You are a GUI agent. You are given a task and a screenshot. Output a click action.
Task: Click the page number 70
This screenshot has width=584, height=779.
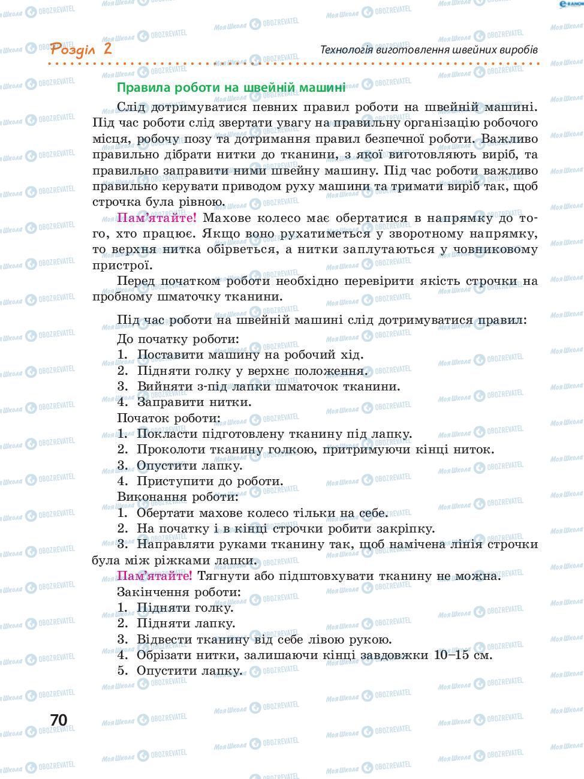(x=59, y=720)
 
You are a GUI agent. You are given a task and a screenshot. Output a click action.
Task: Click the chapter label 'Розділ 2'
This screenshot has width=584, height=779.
(x=81, y=49)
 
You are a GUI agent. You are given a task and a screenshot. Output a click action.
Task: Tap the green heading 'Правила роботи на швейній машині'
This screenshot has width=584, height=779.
(x=231, y=88)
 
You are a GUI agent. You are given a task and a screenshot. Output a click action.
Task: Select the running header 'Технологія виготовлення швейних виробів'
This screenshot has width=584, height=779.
(x=429, y=49)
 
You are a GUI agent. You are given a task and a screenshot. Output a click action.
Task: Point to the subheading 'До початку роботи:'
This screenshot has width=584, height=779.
(x=178, y=339)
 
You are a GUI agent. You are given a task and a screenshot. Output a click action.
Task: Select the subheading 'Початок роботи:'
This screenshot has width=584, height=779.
(x=168, y=418)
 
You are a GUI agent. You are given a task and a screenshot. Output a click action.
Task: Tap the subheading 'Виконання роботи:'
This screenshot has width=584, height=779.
(x=177, y=497)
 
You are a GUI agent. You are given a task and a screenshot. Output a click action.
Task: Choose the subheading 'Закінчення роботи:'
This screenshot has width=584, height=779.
(x=179, y=592)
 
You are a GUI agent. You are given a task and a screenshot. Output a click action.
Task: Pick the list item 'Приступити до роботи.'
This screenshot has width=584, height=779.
(x=210, y=481)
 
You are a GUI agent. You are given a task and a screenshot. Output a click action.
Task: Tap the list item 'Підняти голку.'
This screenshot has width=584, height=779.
(x=185, y=608)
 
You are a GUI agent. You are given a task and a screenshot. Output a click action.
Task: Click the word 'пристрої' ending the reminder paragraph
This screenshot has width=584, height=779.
(x=119, y=265)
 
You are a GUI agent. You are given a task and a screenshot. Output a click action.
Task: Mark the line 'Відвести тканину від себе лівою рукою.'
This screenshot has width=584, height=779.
(x=264, y=639)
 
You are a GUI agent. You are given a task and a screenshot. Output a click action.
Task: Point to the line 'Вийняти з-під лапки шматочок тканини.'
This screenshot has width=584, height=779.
(x=268, y=386)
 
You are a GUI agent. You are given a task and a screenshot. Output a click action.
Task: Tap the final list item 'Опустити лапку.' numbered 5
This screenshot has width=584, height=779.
(x=189, y=670)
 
